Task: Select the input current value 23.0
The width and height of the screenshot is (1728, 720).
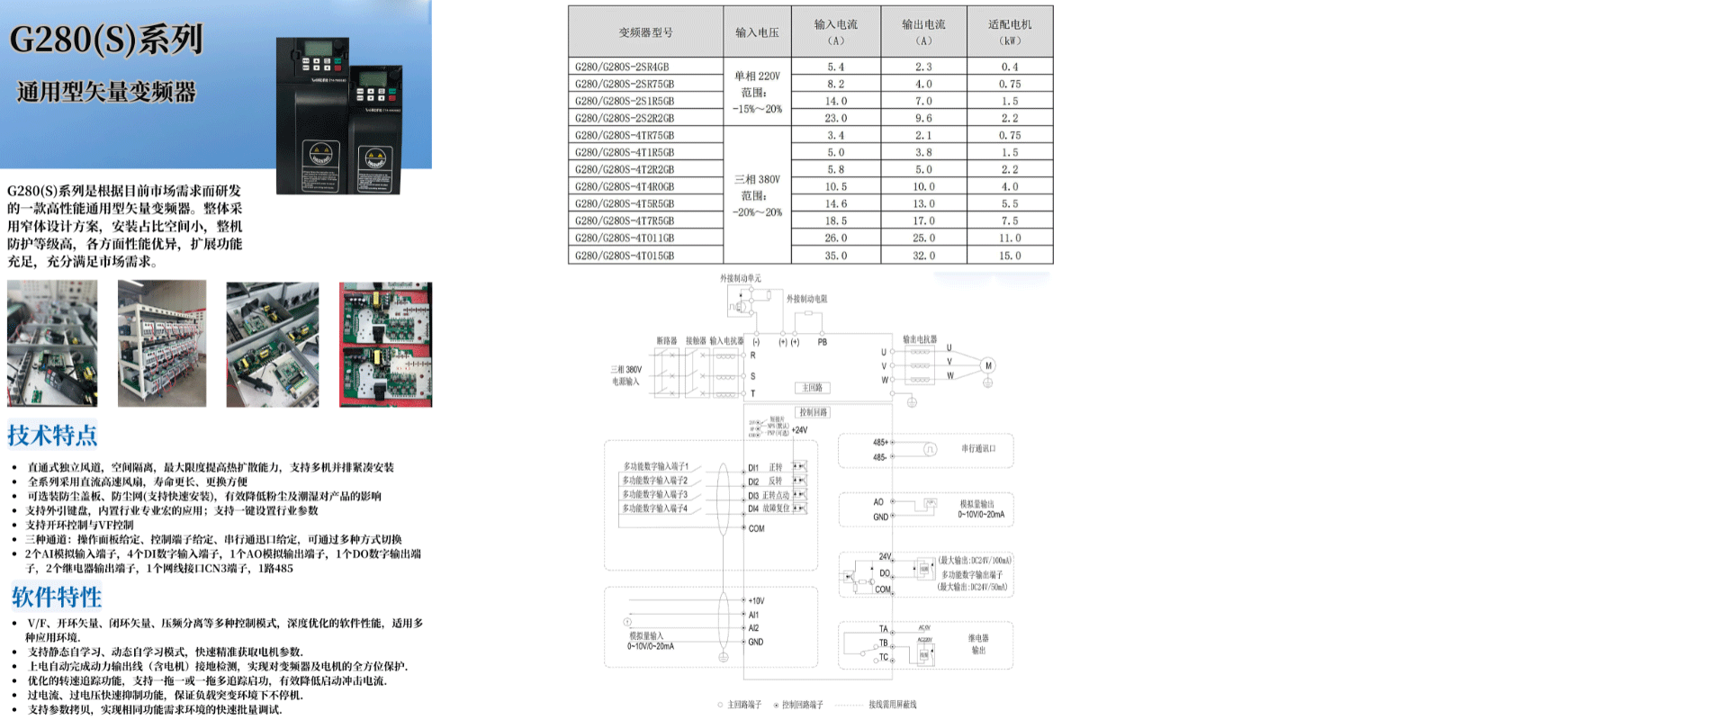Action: [835, 118]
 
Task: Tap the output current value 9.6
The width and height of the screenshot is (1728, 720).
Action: [923, 118]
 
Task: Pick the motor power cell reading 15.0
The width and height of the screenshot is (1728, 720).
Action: [1010, 256]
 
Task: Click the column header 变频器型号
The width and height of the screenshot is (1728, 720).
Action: [645, 32]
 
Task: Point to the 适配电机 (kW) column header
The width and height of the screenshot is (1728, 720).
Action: [1010, 31]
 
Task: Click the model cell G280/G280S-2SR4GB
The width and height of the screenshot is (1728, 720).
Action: [622, 67]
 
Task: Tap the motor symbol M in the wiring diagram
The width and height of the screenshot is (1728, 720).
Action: [988, 365]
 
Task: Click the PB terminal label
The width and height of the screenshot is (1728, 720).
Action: [822, 342]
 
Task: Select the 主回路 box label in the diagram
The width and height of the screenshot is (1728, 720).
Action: [812, 388]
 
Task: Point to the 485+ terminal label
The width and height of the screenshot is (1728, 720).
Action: [879, 442]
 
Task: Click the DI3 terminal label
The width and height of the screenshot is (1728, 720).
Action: [753, 495]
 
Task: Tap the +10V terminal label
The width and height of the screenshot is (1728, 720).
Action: [756, 600]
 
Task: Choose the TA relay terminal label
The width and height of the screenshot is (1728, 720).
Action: [883, 629]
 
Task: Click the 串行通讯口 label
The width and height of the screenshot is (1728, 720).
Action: [978, 448]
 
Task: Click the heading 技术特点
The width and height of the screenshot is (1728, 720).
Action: [52, 436]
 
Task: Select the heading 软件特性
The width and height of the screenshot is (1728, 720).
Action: [56, 597]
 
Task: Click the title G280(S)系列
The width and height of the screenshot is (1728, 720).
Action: [106, 40]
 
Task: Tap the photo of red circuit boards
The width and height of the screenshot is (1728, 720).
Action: [385, 344]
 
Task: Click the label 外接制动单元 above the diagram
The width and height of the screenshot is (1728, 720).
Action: [740, 278]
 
